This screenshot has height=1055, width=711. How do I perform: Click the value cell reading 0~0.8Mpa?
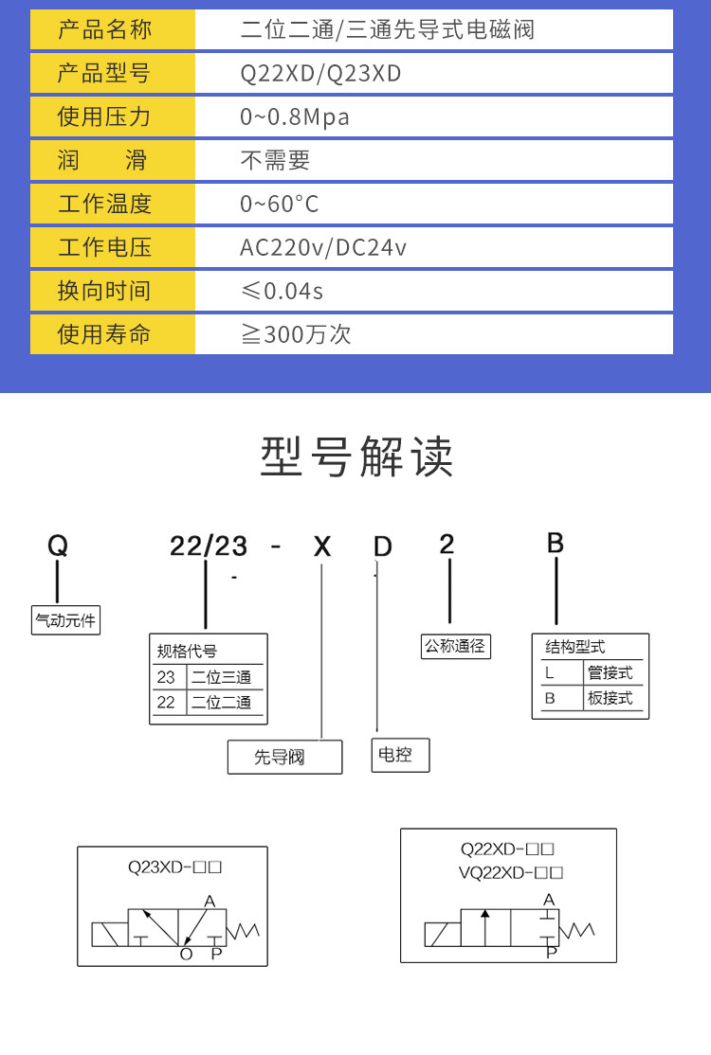coord(295,116)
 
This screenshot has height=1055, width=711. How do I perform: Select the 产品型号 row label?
coord(104,73)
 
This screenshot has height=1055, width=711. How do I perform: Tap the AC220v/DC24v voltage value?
coord(323,247)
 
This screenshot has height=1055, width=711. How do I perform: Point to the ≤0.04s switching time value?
coord(282,291)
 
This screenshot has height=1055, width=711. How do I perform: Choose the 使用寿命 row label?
coord(104,334)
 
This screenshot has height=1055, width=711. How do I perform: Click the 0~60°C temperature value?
coord(280,204)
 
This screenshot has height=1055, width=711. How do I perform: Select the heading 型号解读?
coord(356,456)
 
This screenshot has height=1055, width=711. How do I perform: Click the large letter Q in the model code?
coord(58,545)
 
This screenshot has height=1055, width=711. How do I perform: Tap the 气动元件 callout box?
coord(65,621)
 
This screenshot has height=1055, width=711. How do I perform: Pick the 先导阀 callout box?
coord(284,757)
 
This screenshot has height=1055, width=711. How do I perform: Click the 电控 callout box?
coord(399,755)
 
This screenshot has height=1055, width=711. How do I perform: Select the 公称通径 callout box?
coord(455,646)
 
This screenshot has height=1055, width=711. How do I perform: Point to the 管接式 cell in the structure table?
coord(610,673)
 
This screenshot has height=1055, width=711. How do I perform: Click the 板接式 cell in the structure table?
coord(610,699)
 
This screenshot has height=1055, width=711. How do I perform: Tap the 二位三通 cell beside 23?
coord(221,677)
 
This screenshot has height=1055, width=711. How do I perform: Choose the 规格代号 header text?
coord(187,651)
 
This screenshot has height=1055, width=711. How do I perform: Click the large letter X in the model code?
coord(323,546)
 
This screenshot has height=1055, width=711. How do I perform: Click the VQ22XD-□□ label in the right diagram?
coord(511,872)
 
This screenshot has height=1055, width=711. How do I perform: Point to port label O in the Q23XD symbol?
coord(186,954)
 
